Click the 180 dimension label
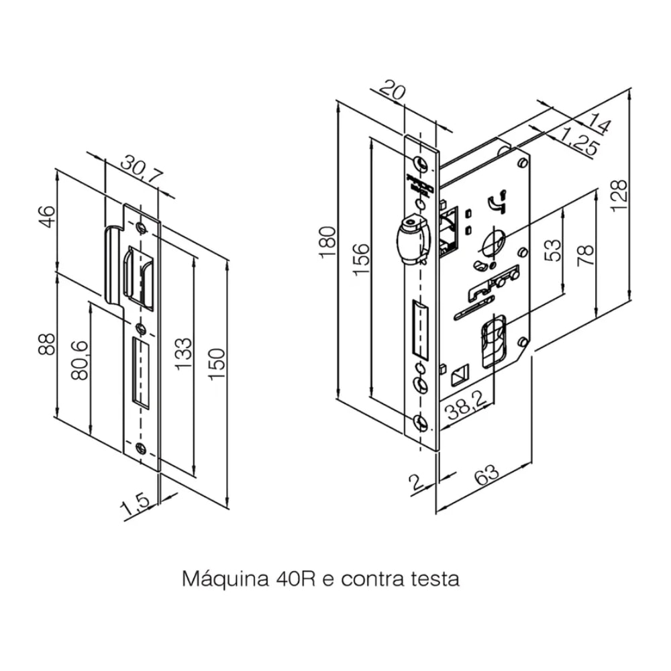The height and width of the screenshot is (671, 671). point(327,242)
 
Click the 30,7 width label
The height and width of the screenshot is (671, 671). point(141,170)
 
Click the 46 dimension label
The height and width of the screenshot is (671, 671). point(46,217)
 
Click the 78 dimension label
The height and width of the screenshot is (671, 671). point(585,256)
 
